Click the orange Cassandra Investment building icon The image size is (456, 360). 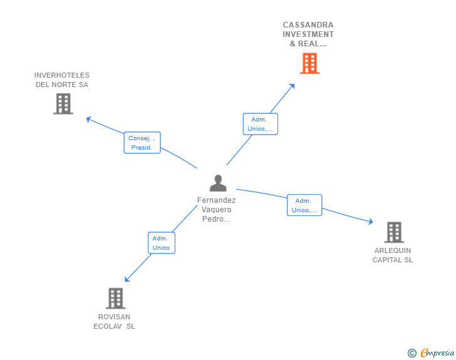[x=309, y=63]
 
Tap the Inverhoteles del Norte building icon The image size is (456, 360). [x=63, y=104]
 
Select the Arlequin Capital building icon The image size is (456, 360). [x=393, y=232]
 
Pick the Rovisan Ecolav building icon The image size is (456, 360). [x=115, y=299]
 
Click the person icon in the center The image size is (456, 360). [x=218, y=183]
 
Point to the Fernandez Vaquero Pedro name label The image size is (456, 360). [x=217, y=210]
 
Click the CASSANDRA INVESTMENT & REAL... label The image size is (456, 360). [x=308, y=34]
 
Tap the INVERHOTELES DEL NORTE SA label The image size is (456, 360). [x=62, y=80]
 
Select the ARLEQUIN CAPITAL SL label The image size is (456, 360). [x=393, y=255]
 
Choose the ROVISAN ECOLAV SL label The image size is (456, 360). [x=114, y=321]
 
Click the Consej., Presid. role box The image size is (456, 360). [x=142, y=143]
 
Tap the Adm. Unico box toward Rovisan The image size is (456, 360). [x=161, y=243]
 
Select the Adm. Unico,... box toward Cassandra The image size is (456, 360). [x=260, y=124]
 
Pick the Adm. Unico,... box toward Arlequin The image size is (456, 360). [x=304, y=205]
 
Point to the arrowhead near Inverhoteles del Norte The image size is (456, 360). [x=88, y=118]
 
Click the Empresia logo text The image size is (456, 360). [x=437, y=353]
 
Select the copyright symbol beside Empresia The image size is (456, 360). [x=412, y=353]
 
